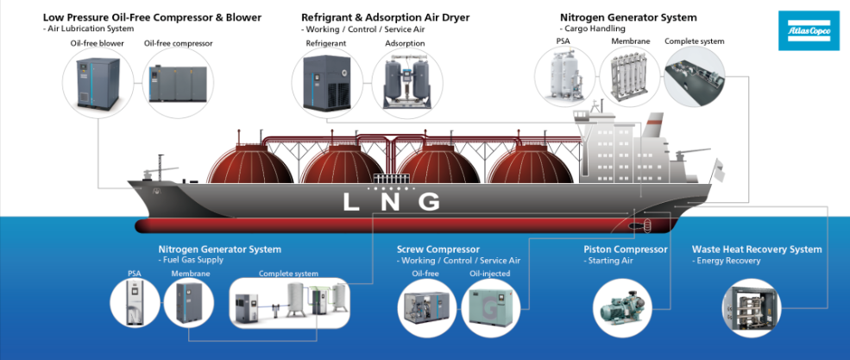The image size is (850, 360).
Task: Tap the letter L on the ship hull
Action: [x=350, y=202]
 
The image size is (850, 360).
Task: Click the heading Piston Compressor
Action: [x=625, y=249]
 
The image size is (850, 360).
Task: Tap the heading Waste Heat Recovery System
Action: [x=757, y=249]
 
